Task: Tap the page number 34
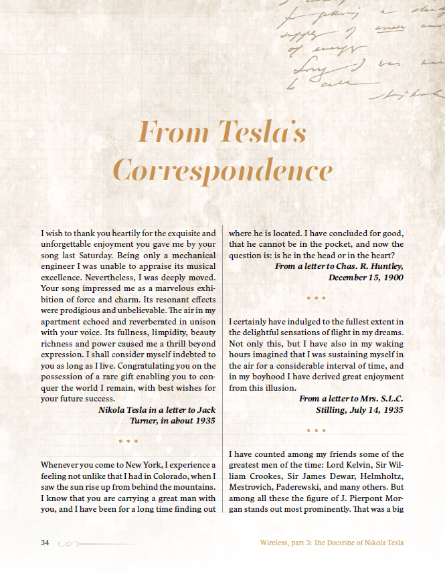(x=46, y=543)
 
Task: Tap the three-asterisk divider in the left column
(x=128, y=442)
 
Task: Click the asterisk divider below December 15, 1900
(x=316, y=298)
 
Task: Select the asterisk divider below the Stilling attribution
(x=316, y=432)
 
